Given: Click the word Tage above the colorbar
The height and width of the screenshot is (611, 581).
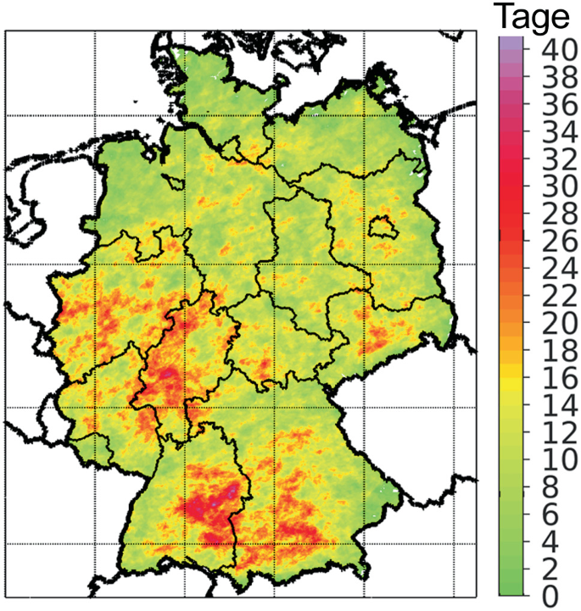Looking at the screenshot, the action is [x=534, y=17].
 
